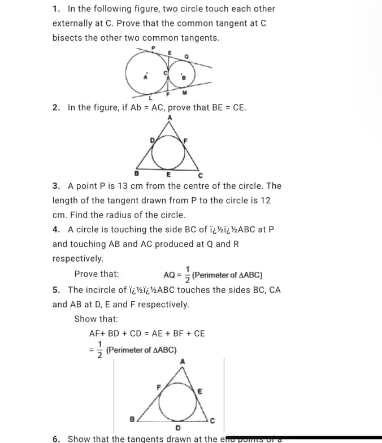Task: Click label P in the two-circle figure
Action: [151, 49]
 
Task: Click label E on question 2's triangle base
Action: [168, 175]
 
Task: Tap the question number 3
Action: [55, 186]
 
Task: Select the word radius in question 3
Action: [153, 215]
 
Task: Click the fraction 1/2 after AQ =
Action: [188, 275]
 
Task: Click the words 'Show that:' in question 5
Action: [92, 319]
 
